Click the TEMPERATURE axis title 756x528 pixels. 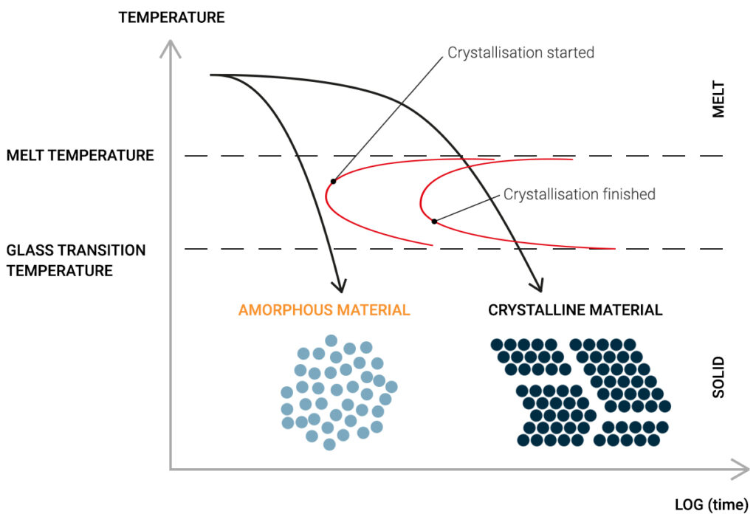(171, 17)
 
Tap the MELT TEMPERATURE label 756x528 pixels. (80, 156)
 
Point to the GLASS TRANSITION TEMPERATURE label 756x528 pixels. (76, 260)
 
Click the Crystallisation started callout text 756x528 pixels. (520, 52)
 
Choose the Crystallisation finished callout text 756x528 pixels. (579, 194)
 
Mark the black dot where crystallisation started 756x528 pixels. (334, 181)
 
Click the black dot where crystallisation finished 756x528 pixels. (434, 221)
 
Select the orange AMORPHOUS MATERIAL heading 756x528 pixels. (323, 310)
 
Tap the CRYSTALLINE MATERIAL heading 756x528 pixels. (575, 310)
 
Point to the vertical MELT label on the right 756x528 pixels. (719, 100)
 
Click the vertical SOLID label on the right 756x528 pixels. (719, 378)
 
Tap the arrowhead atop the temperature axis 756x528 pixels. (171, 48)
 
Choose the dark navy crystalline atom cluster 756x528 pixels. (581, 392)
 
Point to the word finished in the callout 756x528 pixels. (627, 194)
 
